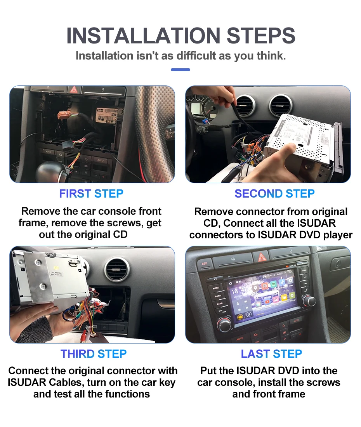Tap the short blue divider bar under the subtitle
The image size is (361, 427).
click(x=180, y=70)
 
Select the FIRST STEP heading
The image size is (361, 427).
click(x=91, y=194)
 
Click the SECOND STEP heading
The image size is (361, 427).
click(x=274, y=194)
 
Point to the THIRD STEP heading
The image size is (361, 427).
click(x=94, y=354)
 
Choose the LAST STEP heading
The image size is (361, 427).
click(x=271, y=354)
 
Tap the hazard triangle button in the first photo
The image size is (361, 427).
click(x=73, y=90)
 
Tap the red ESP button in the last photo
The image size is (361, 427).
click(x=205, y=264)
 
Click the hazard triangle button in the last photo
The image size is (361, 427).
click(x=260, y=257)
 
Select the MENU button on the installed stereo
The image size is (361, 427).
click(x=216, y=288)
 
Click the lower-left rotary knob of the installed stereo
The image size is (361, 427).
click(x=224, y=325)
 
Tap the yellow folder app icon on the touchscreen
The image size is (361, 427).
click(x=284, y=297)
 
